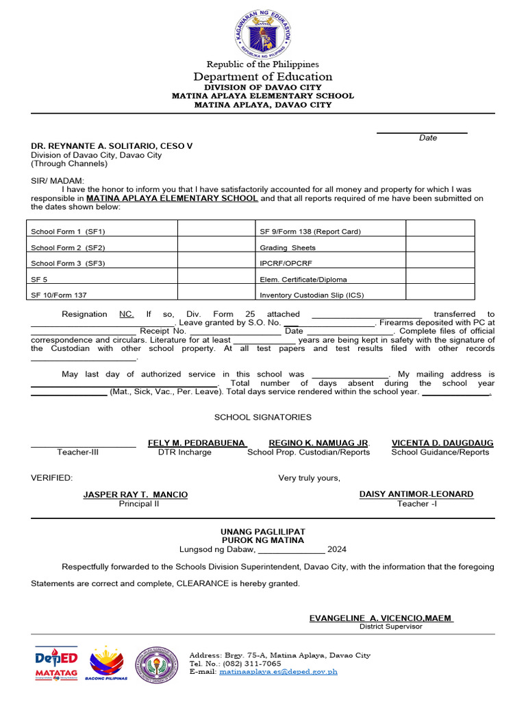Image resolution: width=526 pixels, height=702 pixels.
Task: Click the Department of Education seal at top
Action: point(263,33)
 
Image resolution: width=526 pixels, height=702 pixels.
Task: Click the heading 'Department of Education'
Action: point(263,77)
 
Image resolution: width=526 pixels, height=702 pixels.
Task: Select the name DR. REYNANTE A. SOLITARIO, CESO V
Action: point(112,146)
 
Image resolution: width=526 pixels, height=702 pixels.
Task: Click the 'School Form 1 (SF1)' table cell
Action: point(68,232)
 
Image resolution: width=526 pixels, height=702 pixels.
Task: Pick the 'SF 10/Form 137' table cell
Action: point(60,295)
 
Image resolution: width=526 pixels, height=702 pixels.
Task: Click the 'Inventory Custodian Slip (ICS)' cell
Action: point(312,295)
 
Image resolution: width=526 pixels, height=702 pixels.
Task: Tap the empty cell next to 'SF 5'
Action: point(216,279)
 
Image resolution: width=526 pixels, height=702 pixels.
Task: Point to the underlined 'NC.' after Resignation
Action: point(127,314)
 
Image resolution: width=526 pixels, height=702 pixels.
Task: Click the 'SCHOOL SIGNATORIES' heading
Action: point(263,417)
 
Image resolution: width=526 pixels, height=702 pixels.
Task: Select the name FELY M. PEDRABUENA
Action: point(197,443)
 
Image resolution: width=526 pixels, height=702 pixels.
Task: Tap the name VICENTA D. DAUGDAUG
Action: point(442,443)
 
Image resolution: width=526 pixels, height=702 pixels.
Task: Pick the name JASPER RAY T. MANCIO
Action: point(136,494)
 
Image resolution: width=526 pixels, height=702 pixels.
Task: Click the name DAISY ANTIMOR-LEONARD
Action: point(416,494)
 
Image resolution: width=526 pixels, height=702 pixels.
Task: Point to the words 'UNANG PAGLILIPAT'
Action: point(263,532)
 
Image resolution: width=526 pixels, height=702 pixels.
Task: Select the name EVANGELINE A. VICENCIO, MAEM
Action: point(381,618)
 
